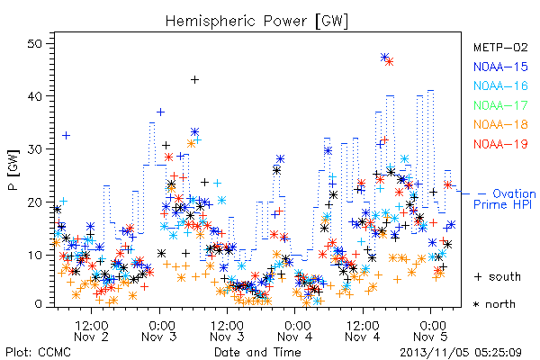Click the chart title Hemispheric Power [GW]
[256, 22]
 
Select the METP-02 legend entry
[500, 47]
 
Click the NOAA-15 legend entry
[500, 67]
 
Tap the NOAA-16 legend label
[500, 85]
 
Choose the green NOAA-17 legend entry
[500, 105]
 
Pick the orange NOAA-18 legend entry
[500, 124]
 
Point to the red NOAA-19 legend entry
[500, 144]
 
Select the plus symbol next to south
[478, 276]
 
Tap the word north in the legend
[500, 304]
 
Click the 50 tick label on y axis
[34, 44]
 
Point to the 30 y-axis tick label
[34, 149]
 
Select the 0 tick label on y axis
[38, 304]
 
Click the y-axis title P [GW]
[13, 170]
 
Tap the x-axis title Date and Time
[257, 352]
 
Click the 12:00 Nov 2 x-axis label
[91, 330]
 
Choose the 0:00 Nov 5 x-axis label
[431, 330]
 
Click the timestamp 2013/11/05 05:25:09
[461, 353]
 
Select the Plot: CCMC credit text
[38, 352]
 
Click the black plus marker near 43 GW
[194, 80]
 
